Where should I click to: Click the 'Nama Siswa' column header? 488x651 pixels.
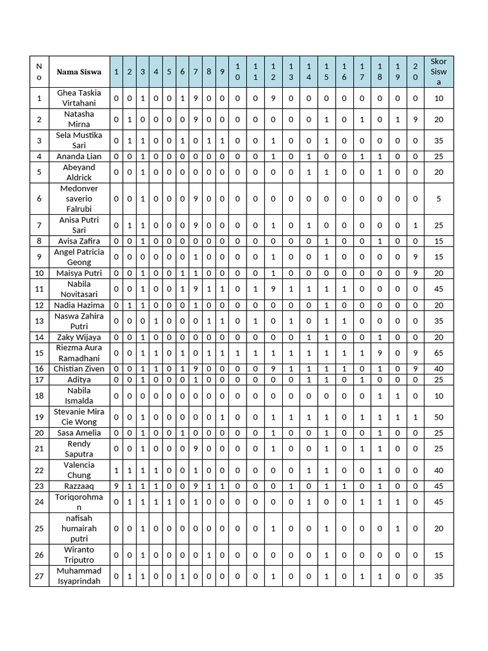coord(79,72)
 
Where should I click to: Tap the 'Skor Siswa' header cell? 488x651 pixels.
coord(438,72)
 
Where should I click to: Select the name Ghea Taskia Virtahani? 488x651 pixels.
coord(79,98)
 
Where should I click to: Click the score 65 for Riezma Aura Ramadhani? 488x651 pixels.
coord(438,353)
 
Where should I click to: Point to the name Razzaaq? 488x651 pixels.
coord(79,486)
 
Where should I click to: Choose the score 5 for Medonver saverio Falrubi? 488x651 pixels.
coord(438,199)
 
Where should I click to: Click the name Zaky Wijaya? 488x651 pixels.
coord(79,338)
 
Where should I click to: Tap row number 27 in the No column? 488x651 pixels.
coord(39,576)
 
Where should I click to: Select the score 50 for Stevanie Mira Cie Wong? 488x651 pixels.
coord(438,417)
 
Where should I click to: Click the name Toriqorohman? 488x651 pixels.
coord(79,502)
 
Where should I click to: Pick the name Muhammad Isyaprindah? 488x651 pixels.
coord(79,576)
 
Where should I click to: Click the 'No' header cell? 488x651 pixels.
coord(39,72)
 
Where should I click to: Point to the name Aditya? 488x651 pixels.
coord(79,380)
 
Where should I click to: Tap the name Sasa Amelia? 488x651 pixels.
coord(79,433)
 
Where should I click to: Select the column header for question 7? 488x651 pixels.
coord(195,72)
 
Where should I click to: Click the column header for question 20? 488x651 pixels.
coord(415,72)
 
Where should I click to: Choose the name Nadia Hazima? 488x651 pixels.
coord(79,306)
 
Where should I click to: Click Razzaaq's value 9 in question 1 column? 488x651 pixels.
coord(116,486)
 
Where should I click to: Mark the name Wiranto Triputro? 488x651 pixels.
coord(79,555)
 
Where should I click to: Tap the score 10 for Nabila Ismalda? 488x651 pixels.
coord(438,396)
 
